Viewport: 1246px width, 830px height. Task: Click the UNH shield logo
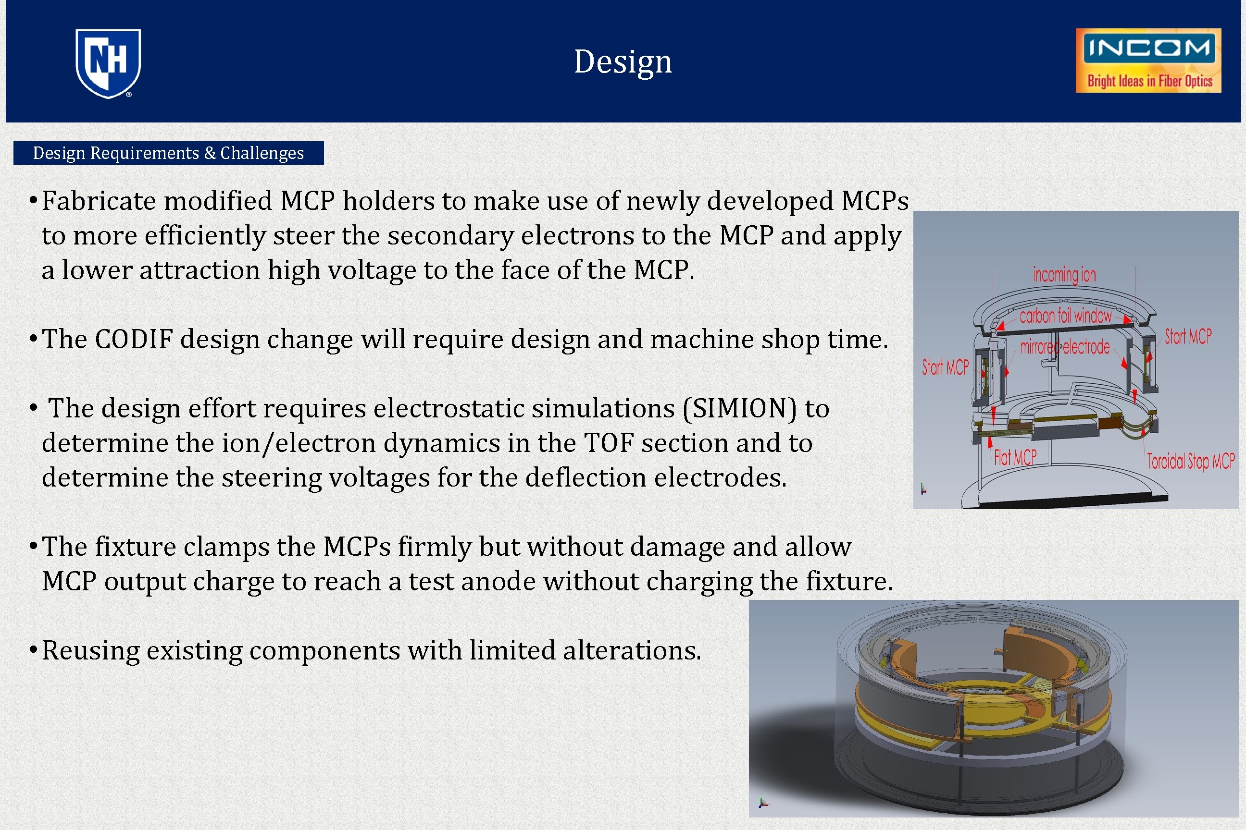click(x=108, y=63)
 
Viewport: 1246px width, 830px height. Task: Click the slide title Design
click(x=623, y=61)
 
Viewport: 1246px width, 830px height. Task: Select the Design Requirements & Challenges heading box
click(x=168, y=153)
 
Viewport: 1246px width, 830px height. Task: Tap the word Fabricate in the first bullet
click(x=98, y=201)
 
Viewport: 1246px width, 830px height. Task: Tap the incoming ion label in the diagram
click(x=1064, y=275)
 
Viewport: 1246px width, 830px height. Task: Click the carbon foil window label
click(x=1065, y=316)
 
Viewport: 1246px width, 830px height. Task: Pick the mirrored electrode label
click(x=1065, y=347)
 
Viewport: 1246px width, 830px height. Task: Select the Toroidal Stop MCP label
click(x=1190, y=461)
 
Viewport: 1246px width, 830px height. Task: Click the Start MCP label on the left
click(x=945, y=367)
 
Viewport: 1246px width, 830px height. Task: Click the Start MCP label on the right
click(x=1188, y=336)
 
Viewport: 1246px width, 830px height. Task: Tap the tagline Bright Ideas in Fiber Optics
click(x=1149, y=81)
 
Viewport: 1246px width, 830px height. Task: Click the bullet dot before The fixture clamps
click(x=33, y=545)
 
